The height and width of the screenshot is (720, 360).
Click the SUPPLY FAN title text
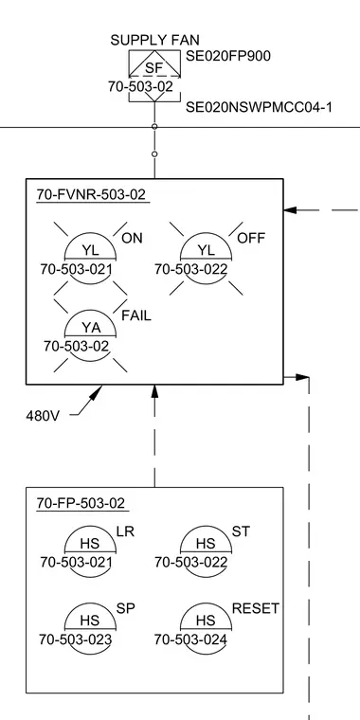coord(154,40)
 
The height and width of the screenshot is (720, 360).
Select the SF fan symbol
coord(154,64)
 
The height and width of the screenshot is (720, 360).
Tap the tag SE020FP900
coord(228,56)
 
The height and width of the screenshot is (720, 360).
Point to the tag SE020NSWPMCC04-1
coord(259,107)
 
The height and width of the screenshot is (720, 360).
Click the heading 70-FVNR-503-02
coord(91,195)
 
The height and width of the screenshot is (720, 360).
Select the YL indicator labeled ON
coord(90,251)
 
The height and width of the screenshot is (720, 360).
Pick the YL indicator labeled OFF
coord(206,251)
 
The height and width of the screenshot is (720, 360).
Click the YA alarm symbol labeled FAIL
coord(90,329)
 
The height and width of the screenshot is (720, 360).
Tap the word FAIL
coord(135,315)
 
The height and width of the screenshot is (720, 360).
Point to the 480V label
coord(43,416)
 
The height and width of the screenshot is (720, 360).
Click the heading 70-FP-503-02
coord(81,503)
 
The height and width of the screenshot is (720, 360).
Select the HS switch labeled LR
coord(90,545)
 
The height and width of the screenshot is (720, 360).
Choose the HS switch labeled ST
coord(206,545)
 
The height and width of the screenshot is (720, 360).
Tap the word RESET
coord(255,609)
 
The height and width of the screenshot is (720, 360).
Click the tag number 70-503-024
coord(190,639)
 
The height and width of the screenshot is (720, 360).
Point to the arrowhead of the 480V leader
coord(97,391)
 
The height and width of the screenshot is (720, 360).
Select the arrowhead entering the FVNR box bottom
coord(154,390)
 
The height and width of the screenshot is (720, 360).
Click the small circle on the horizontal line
coord(154,127)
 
